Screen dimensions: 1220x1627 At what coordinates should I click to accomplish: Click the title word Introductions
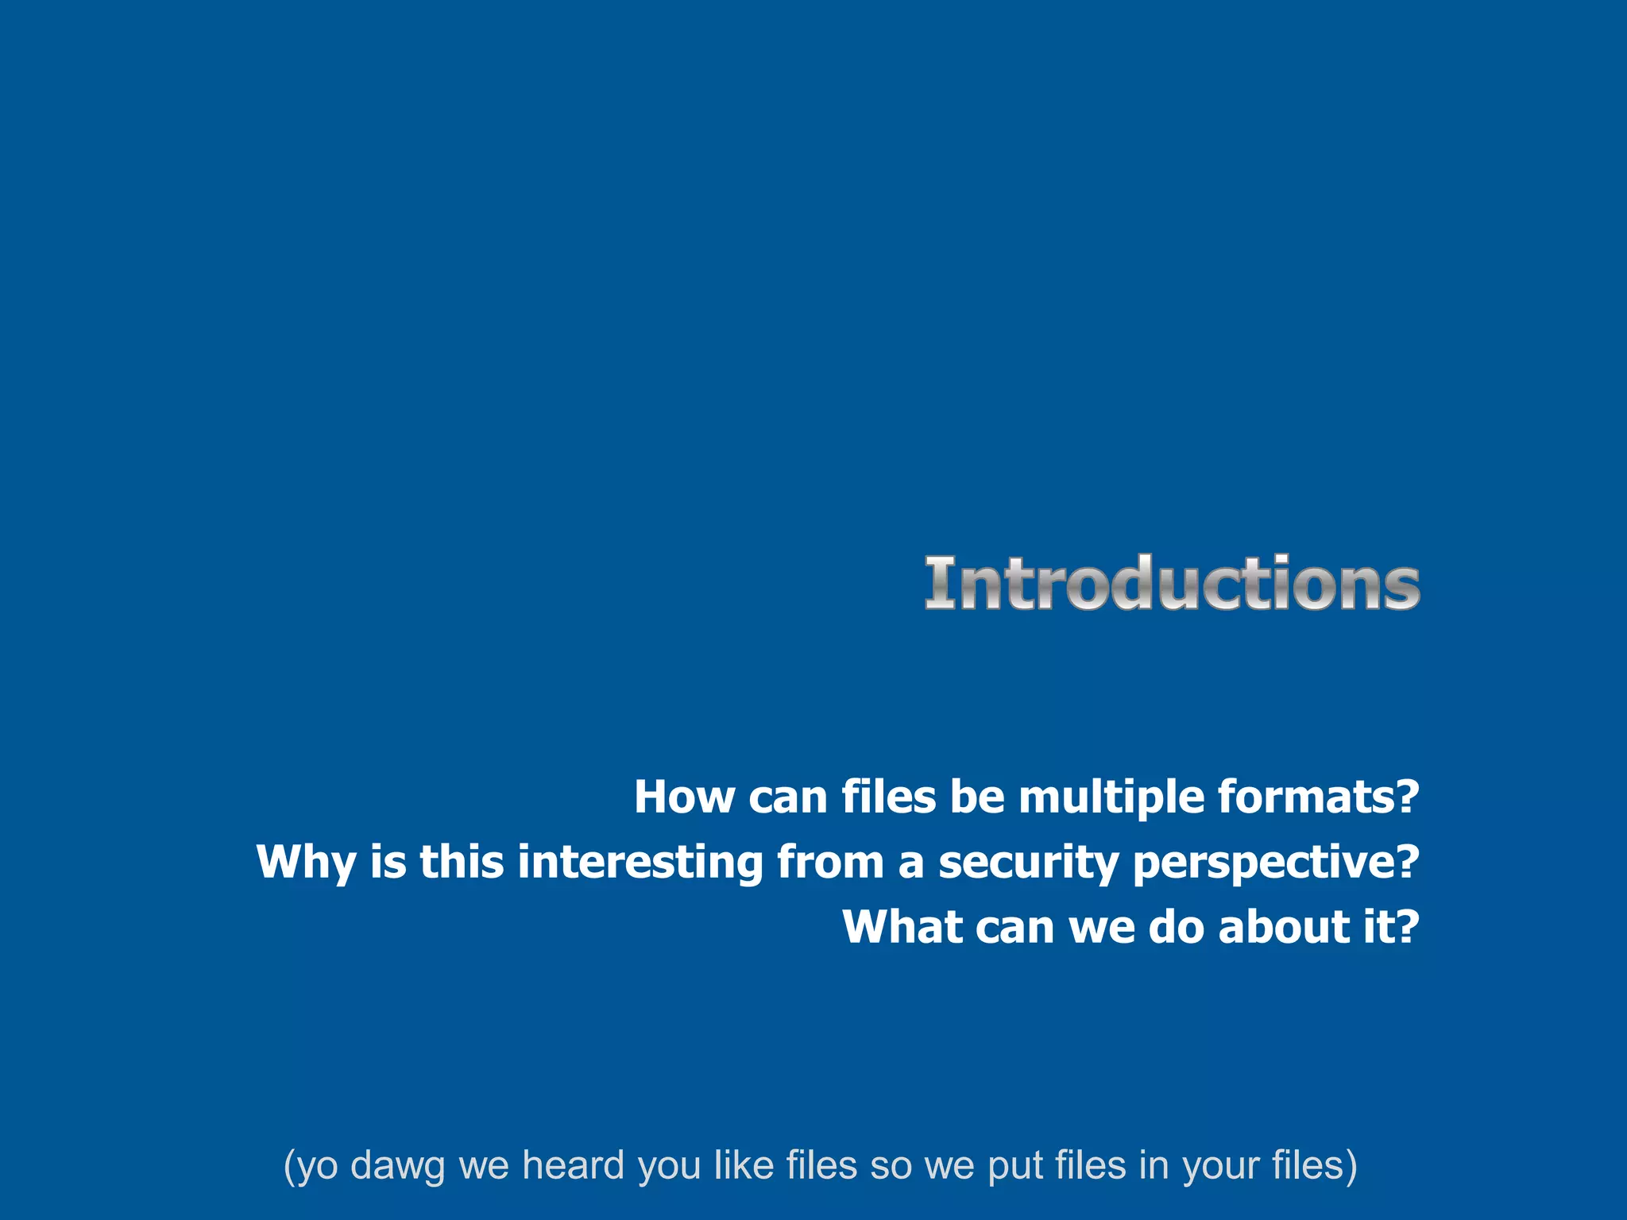[1172, 584]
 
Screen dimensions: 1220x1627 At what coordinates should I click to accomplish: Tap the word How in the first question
[684, 797]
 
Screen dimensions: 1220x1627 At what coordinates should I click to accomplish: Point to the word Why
[306, 863]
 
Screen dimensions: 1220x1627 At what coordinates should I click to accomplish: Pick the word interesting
[640, 863]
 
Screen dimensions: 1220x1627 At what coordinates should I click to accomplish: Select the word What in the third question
[902, 927]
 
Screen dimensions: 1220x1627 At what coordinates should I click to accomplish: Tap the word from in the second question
[830, 863]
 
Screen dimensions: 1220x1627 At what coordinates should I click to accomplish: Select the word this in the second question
[462, 863]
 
